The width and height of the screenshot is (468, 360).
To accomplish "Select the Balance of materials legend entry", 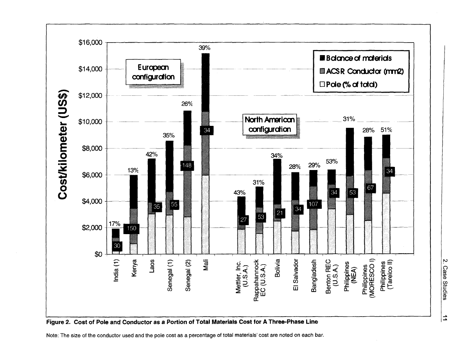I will coord(360,59).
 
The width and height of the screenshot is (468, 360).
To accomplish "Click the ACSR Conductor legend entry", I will coord(360,72).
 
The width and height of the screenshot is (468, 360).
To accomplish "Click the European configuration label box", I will coord(153,72).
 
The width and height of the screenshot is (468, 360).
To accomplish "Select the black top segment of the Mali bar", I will coord(205,82).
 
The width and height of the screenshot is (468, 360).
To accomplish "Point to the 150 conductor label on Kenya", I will coord(131,229).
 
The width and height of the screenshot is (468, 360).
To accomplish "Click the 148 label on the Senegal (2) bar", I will coord(187,166).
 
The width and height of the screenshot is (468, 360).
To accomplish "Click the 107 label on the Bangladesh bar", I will coord(313,204).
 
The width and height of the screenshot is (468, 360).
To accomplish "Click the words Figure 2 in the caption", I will coord(59,321).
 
